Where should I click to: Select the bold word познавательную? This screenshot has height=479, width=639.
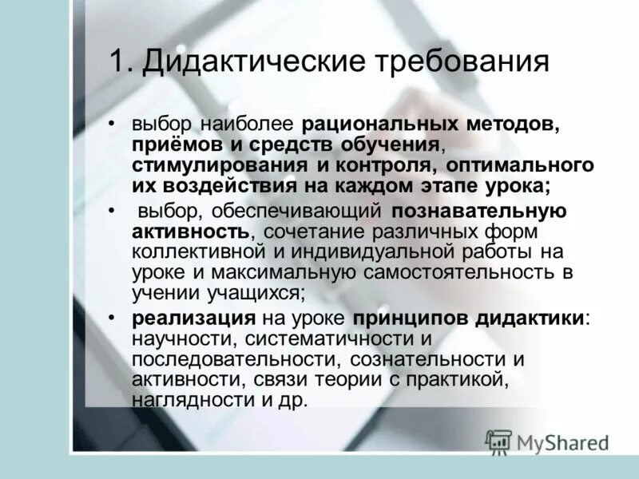479,212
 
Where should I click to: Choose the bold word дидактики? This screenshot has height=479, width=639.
531,318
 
